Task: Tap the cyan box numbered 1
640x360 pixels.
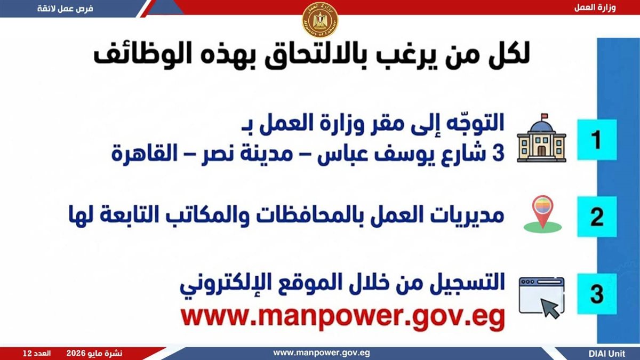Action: pos(597,140)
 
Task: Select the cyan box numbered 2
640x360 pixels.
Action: pos(597,217)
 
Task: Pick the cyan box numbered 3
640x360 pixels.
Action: pos(597,294)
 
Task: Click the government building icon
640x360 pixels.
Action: pos(541,138)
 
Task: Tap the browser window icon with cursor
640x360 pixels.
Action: pos(542,298)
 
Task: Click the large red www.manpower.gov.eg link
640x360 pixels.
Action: pos(342,318)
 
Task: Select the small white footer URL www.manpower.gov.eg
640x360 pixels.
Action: pos(322,353)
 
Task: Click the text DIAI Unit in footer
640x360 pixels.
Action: pos(607,354)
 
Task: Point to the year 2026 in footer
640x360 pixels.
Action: pos(76,354)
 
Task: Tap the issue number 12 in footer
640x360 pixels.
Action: pos(27,354)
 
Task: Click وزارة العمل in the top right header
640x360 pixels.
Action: pos(595,7)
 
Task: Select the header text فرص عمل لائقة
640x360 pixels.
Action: pos(65,9)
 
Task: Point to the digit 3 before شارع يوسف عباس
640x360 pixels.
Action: pos(499,153)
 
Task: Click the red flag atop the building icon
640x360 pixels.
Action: pos(545,116)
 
